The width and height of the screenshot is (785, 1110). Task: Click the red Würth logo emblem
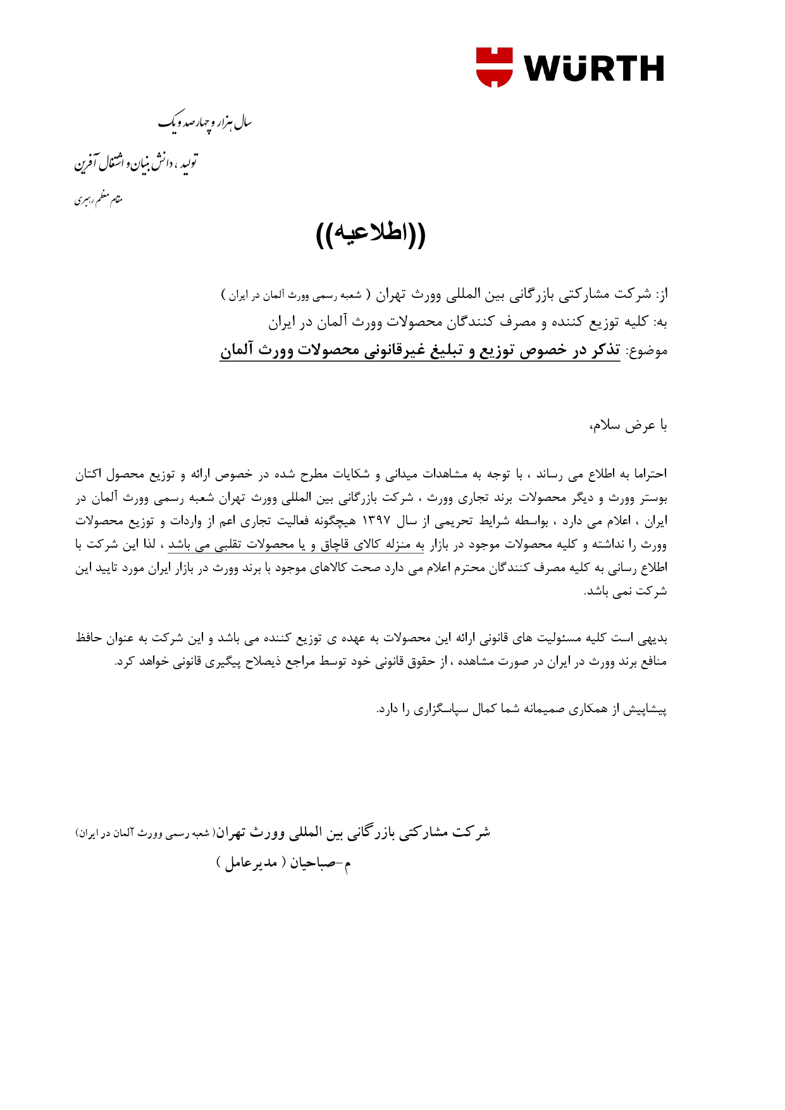494,67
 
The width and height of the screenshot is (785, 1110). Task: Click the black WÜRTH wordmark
593,68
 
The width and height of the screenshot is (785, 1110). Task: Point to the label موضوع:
646,351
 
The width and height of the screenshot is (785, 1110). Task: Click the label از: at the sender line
661,295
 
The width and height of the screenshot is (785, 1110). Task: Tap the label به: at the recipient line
661,323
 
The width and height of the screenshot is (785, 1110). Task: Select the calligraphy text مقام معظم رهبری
98,200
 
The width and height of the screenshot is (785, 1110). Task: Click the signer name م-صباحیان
320,863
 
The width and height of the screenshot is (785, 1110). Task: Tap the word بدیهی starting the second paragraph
652,638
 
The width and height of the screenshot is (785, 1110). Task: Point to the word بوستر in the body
653,498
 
